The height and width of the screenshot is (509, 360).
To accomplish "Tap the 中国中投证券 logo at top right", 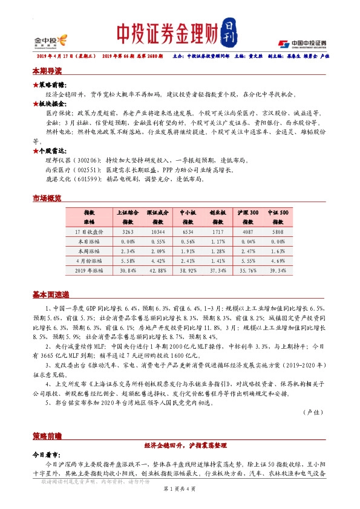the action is (x=302, y=44).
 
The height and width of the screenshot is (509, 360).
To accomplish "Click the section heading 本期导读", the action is (x=47, y=71).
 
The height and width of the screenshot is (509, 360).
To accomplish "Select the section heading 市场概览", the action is (x=47, y=199).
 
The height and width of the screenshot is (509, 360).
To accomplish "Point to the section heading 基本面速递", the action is (x=51, y=294).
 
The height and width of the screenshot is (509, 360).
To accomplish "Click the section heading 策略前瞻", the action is (x=47, y=435).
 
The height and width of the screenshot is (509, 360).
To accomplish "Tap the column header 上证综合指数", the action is (x=128, y=218).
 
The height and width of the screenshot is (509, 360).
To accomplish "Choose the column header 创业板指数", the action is (x=217, y=218).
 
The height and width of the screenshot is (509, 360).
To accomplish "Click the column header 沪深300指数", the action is (x=248, y=218).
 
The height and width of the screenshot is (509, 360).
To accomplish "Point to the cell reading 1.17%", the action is (x=217, y=242).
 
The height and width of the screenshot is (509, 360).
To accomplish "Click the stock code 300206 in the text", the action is (x=83, y=160).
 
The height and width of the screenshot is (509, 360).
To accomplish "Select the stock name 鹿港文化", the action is (x=57, y=180).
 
